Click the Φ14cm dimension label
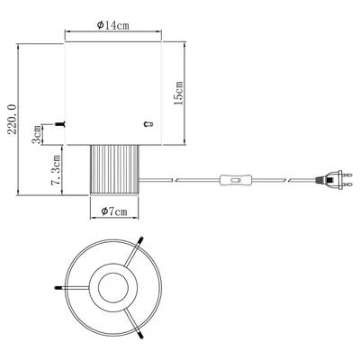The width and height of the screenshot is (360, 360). tap(113, 25)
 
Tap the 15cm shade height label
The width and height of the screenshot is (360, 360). tap(179, 93)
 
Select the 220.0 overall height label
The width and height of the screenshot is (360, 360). tap(13, 119)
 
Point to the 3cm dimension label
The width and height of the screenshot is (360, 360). tap(37, 135)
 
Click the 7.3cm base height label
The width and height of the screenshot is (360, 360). tap(57, 170)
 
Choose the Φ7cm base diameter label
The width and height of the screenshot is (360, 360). tap(114, 211)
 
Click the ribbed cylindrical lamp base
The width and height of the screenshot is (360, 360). tap(114, 170)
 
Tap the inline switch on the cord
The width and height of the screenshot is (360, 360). tap(236, 180)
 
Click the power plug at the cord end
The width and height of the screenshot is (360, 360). tap(333, 180)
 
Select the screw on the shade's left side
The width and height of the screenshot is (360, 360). tap(60, 124)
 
